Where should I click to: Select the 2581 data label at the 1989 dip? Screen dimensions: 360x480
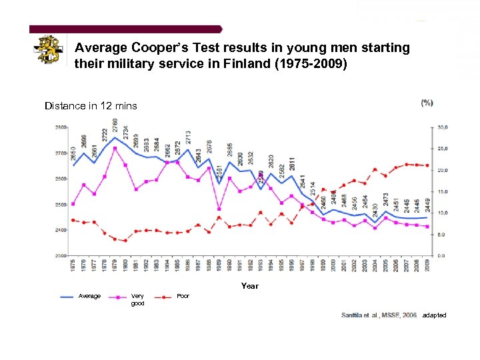(219, 171)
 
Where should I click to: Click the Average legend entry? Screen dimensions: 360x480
(89, 296)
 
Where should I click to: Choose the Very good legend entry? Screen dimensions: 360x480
(137, 299)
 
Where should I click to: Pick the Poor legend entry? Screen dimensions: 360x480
(183, 296)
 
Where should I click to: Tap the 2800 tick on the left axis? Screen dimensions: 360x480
(61, 127)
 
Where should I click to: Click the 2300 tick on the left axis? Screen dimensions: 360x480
(61, 255)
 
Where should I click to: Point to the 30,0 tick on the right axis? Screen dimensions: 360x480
(441, 127)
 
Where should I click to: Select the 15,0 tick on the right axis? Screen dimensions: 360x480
(441, 191)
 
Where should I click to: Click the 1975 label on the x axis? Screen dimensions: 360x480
(73, 265)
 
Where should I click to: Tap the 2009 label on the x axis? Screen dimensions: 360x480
(427, 265)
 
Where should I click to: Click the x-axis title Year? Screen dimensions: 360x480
(249, 285)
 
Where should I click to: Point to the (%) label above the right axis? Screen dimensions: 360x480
(427, 103)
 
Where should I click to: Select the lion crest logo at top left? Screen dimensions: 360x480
(49, 49)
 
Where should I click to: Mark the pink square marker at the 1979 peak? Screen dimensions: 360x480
(115, 148)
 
